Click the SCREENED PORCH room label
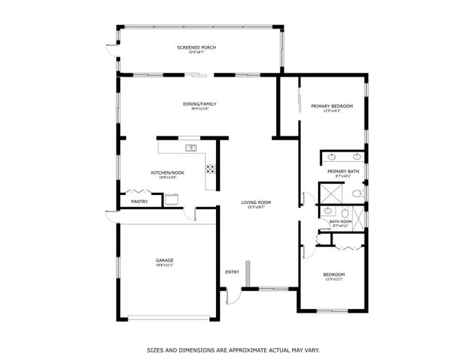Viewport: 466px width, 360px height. pyautogui.click(x=197, y=48)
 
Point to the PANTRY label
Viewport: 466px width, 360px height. pyautogui.click(x=139, y=201)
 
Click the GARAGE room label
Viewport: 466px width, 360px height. pyautogui.click(x=164, y=260)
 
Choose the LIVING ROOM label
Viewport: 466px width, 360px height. pyautogui.click(x=256, y=202)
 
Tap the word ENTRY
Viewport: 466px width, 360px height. pyautogui.click(x=232, y=271)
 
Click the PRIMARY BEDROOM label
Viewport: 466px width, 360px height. pyautogui.click(x=331, y=106)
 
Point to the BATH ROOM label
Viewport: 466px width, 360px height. pyautogui.click(x=341, y=221)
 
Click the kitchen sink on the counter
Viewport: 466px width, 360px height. pyautogui.click(x=191, y=148)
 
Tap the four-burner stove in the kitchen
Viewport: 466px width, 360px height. pyautogui.click(x=211, y=169)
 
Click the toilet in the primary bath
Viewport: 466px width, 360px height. pyautogui.click(x=357, y=193)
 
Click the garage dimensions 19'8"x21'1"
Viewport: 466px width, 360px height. pyautogui.click(x=164, y=265)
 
